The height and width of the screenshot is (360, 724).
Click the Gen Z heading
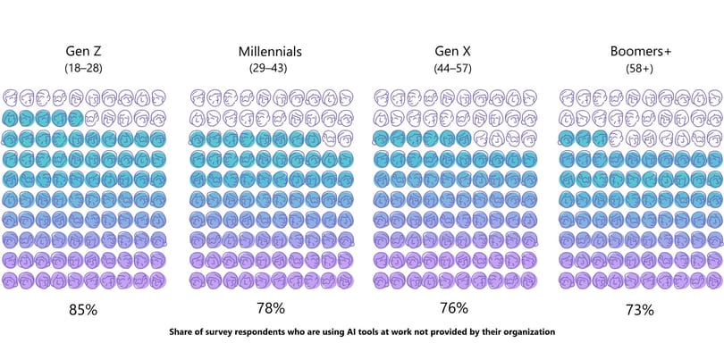[x=84, y=51]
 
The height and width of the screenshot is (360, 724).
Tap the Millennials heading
[x=270, y=51]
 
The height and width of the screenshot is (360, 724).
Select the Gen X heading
[x=453, y=51]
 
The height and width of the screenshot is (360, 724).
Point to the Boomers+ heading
[x=640, y=51]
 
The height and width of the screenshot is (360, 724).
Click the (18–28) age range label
[x=84, y=68]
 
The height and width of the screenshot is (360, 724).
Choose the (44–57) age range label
[x=452, y=68]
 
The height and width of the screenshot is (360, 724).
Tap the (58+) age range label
[x=639, y=68]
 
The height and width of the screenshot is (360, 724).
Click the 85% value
[x=83, y=310]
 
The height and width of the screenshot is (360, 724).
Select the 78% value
[x=271, y=308]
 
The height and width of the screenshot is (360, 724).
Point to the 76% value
[x=454, y=308]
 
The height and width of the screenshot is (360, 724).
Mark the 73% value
[x=640, y=310]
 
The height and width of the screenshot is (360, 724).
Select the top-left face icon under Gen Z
[x=11, y=98]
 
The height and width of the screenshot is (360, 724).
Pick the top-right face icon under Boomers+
[x=714, y=98]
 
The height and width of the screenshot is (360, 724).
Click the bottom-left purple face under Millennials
[x=198, y=280]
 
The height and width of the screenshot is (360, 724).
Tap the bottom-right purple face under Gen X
[x=529, y=280]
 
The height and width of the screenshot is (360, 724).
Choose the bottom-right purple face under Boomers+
[x=715, y=280]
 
